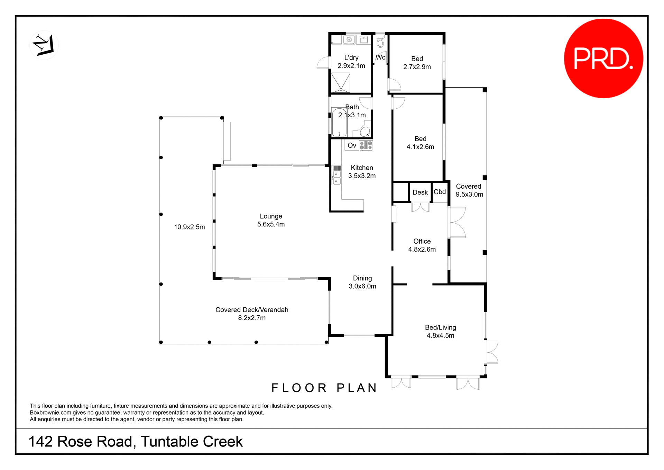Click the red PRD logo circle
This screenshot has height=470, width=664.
(603, 58)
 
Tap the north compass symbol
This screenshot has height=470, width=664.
(44, 45)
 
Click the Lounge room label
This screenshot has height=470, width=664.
(271, 216)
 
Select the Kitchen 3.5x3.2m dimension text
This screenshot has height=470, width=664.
(362, 176)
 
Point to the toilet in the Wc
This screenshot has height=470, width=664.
(380, 43)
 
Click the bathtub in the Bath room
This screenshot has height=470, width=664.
(339, 123)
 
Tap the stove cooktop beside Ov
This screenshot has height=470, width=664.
(366, 145)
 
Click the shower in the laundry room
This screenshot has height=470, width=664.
(341, 82)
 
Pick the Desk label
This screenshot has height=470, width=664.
(420, 192)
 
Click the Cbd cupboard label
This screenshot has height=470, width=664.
(440, 192)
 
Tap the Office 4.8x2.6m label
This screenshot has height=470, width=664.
(422, 245)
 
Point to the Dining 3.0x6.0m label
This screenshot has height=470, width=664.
(362, 282)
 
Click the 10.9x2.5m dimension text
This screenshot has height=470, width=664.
(189, 227)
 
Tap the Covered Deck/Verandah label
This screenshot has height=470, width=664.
(252, 310)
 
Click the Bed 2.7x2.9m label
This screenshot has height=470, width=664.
(417, 63)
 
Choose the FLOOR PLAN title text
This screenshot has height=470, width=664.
(324, 388)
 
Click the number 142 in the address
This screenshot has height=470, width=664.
(40, 442)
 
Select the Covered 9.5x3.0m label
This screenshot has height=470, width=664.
(469, 190)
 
